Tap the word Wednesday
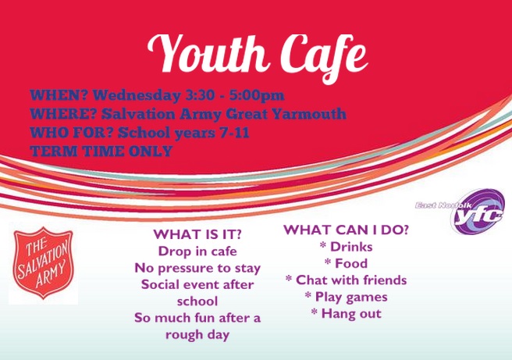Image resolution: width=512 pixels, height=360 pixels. tap(137, 96)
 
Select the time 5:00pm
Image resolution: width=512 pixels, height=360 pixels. tap(257, 96)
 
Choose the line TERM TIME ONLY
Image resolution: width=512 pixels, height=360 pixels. tap(101, 151)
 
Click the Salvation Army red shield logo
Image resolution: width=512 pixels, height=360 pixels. tap(44, 263)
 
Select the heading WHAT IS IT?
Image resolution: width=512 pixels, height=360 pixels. tap(197, 234)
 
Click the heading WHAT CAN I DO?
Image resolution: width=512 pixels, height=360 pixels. tap(346, 230)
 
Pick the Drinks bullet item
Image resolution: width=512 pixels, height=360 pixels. tap(346, 247)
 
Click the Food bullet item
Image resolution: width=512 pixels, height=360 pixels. tap(346, 263)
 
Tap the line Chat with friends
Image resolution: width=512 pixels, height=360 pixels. tap(346, 280)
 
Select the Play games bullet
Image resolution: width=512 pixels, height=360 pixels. tap(346, 297)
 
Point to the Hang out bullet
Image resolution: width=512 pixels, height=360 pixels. tap(346, 314)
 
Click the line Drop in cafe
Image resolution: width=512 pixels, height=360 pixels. tap(197, 251)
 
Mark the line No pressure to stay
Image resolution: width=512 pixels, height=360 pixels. tap(197, 268)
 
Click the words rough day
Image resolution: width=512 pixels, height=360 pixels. tap(197, 334)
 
